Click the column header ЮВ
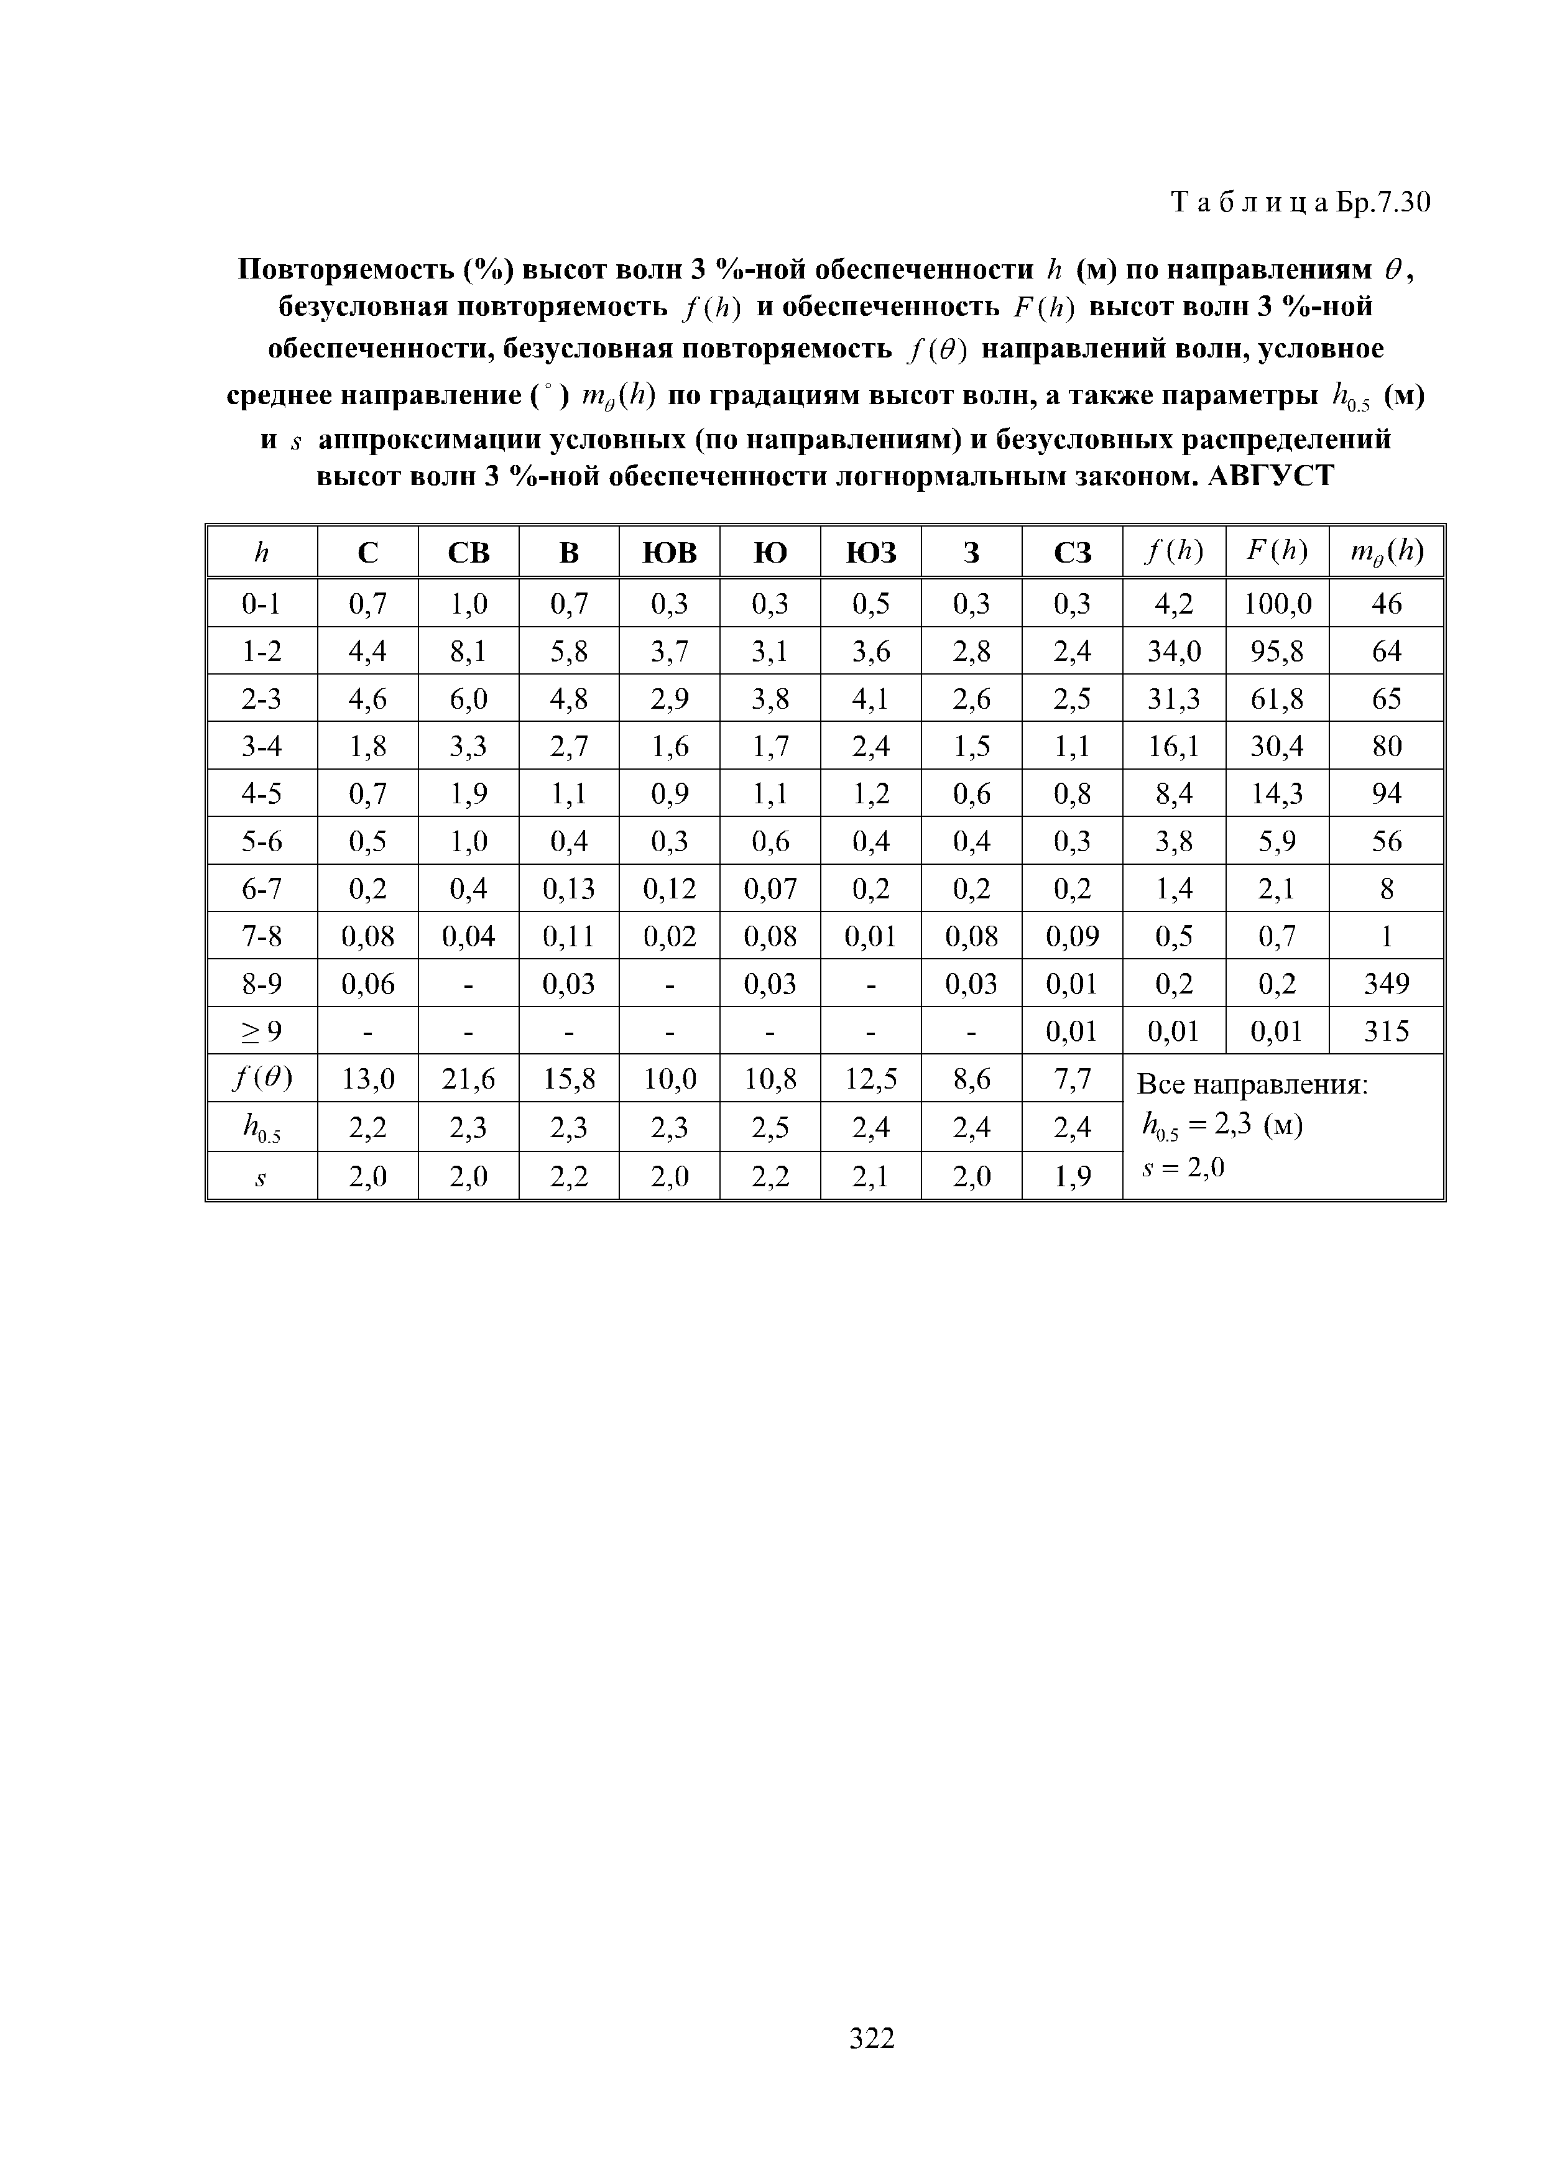669,552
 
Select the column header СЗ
1072,552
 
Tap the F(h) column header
1277,552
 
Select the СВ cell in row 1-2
468,652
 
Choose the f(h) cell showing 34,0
1175,652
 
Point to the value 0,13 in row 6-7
568,889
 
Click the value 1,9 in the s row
1072,1177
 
